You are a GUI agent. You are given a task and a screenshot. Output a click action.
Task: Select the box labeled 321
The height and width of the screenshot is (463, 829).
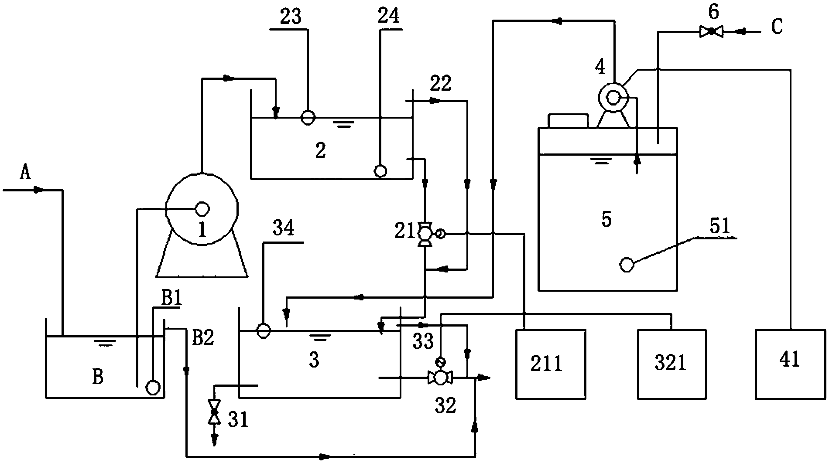671,364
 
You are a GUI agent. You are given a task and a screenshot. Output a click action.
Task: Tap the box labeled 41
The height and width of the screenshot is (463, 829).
790,364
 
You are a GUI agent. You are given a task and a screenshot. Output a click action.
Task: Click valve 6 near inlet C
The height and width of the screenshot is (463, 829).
711,31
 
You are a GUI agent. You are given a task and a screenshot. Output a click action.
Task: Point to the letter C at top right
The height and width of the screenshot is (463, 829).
777,27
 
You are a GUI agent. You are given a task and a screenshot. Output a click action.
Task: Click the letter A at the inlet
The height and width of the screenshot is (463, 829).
26,173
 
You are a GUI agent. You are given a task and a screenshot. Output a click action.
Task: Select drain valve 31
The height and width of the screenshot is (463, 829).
214,411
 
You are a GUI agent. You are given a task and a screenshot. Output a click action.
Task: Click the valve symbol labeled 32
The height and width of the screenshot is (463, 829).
440,378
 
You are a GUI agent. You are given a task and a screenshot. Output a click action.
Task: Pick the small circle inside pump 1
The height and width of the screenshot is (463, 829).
202,209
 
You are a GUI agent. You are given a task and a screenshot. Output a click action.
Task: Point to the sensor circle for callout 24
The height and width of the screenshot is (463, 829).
380,170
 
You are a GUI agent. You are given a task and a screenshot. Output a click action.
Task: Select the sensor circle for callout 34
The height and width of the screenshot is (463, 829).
263,331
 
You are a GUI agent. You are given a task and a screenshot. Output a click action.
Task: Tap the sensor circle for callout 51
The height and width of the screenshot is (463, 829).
627,265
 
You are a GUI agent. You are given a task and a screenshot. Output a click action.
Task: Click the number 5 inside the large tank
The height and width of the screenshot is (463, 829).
606,219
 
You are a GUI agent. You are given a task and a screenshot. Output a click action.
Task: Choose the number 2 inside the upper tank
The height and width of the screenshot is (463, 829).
320,150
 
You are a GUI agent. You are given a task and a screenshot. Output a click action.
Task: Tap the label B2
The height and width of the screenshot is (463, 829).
203,338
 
